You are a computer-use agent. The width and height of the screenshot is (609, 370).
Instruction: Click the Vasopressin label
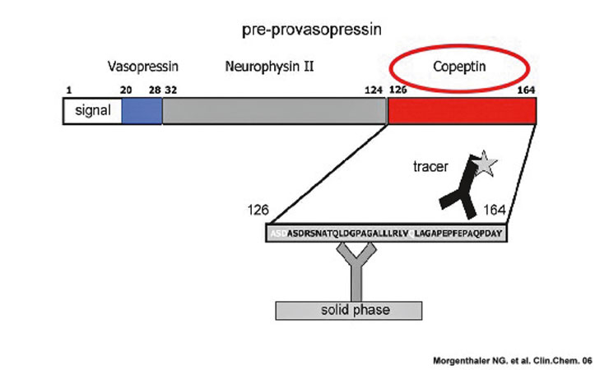[143, 65]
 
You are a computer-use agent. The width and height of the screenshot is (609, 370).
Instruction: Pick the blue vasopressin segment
[142, 110]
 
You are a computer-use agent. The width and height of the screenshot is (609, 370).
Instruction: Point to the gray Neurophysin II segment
[274, 110]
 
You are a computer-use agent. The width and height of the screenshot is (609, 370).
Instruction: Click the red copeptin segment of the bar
[462, 110]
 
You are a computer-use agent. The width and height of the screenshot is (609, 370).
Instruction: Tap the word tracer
[430, 167]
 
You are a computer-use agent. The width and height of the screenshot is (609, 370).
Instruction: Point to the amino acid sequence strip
[387, 234]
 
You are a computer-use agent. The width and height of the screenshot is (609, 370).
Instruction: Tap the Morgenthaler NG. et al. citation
[514, 359]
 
